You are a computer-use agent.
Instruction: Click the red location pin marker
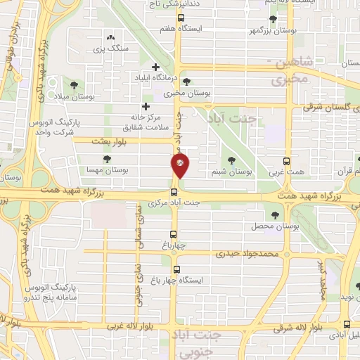click(x=180, y=166)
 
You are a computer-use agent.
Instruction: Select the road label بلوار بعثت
click(x=112, y=141)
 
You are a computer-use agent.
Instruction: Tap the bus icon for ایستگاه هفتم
click(x=181, y=18)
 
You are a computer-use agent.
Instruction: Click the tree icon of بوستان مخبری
click(x=186, y=82)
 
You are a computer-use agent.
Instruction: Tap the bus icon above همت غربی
click(x=285, y=161)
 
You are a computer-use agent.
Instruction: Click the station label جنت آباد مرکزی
click(x=174, y=203)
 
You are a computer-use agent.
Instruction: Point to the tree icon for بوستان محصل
click(x=274, y=216)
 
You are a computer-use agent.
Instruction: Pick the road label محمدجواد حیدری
click(x=249, y=252)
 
